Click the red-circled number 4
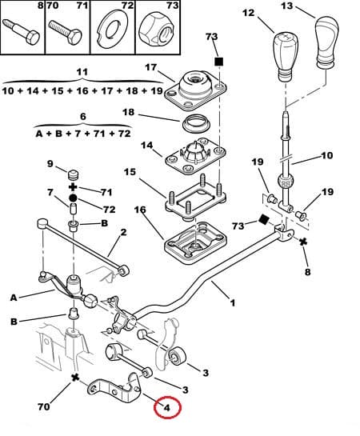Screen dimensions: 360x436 pyautogui.click(x=166, y=408)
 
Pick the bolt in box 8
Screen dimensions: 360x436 pyautogui.click(x=21, y=31)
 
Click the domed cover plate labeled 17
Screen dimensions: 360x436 pyautogui.click(x=195, y=90)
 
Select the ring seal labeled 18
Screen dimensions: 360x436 pyautogui.click(x=196, y=124)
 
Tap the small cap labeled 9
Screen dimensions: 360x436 pyautogui.click(x=74, y=175)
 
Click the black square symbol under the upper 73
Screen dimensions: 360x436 pyautogui.click(x=219, y=62)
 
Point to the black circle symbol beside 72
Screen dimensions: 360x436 pyautogui.click(x=73, y=198)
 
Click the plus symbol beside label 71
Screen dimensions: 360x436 pyautogui.click(x=73, y=187)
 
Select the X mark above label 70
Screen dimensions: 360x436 pyautogui.click(x=75, y=378)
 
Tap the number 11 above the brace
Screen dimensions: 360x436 pyautogui.click(x=82, y=72)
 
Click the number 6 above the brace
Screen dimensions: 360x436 pyautogui.click(x=83, y=116)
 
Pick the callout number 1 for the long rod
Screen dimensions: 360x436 pyautogui.click(x=233, y=302)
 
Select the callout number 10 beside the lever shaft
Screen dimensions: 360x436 pyautogui.click(x=327, y=155)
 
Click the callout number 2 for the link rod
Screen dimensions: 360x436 pyautogui.click(x=123, y=233)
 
